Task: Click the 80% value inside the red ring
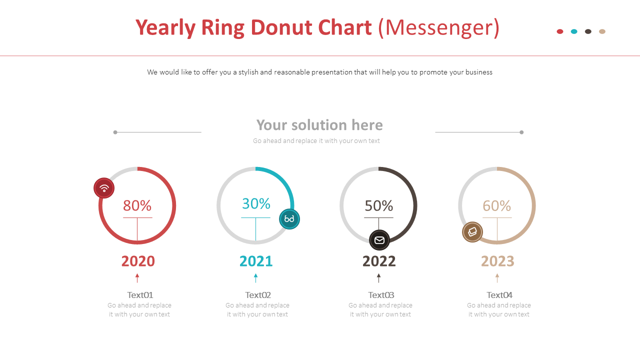coord(137,205)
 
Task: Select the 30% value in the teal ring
coord(256,203)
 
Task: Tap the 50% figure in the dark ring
coord(378,205)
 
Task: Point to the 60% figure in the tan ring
coord(496,205)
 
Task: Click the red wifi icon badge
coord(104,188)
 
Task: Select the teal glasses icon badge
coord(289,219)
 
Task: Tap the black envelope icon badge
coord(379,240)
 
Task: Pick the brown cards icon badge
coord(472,232)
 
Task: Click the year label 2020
coord(138,261)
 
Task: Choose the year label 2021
coord(256,261)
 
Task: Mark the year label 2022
coord(379,261)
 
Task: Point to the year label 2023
coord(497,261)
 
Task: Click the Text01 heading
coord(140,295)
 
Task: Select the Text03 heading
coord(381,295)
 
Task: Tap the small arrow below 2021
coord(255,277)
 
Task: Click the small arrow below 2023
coord(497,277)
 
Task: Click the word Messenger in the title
coord(438,27)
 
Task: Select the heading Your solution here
coord(319,125)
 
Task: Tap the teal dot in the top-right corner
coord(574,31)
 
